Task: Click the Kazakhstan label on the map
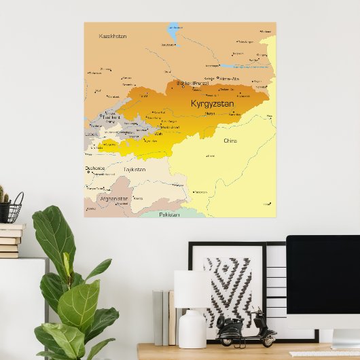point(113,35)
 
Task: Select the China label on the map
point(230,141)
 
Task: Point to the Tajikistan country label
point(134,169)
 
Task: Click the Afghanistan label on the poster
point(113,199)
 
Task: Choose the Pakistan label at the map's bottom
point(169,214)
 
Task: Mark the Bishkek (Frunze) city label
point(193,83)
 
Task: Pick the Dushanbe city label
point(95,168)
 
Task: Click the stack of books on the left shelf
point(10,240)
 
